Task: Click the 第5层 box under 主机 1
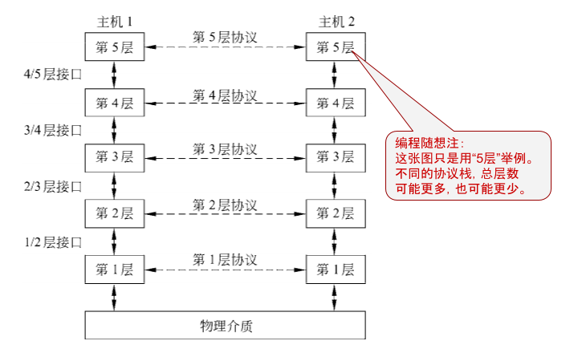pyautogui.click(x=115, y=47)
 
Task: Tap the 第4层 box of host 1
pyautogui.click(x=115, y=103)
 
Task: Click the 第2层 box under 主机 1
pyautogui.click(x=115, y=213)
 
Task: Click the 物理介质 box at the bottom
pyautogui.click(x=226, y=325)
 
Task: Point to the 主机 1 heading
pyautogui.click(x=113, y=19)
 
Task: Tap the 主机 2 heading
pyautogui.click(x=335, y=19)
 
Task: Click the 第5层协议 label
pyautogui.click(x=225, y=37)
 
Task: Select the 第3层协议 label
pyautogui.click(x=225, y=148)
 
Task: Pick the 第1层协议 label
pyautogui.click(x=225, y=259)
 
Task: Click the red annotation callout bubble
pyautogui.click(x=469, y=165)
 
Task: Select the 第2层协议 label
pyautogui.click(x=225, y=204)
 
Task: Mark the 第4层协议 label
pyautogui.click(x=225, y=95)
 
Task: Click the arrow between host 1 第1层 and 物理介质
pyautogui.click(x=115, y=297)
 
